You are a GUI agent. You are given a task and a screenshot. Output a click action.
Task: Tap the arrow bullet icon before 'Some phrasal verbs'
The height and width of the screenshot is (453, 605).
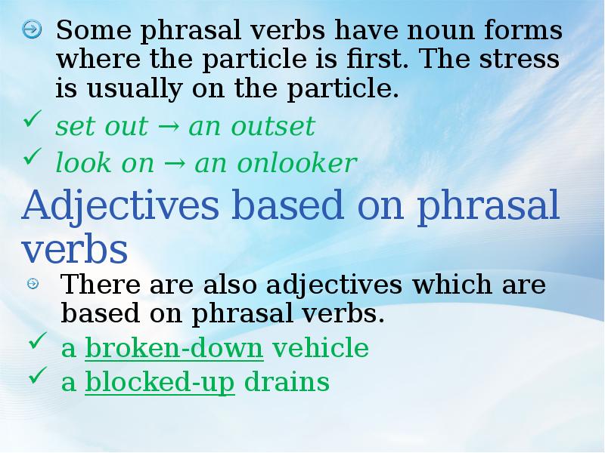(x=32, y=31)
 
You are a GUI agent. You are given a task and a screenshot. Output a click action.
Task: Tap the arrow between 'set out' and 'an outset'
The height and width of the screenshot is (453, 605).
(x=168, y=128)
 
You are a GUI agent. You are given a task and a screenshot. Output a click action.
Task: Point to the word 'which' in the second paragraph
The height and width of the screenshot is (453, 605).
(x=448, y=286)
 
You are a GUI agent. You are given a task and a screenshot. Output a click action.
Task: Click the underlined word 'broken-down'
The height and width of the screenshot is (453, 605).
(x=174, y=349)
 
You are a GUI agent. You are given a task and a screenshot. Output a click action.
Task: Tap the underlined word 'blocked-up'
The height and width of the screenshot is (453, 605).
(x=160, y=383)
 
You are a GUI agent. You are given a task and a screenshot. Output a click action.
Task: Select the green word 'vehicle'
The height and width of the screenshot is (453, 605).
(x=320, y=349)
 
